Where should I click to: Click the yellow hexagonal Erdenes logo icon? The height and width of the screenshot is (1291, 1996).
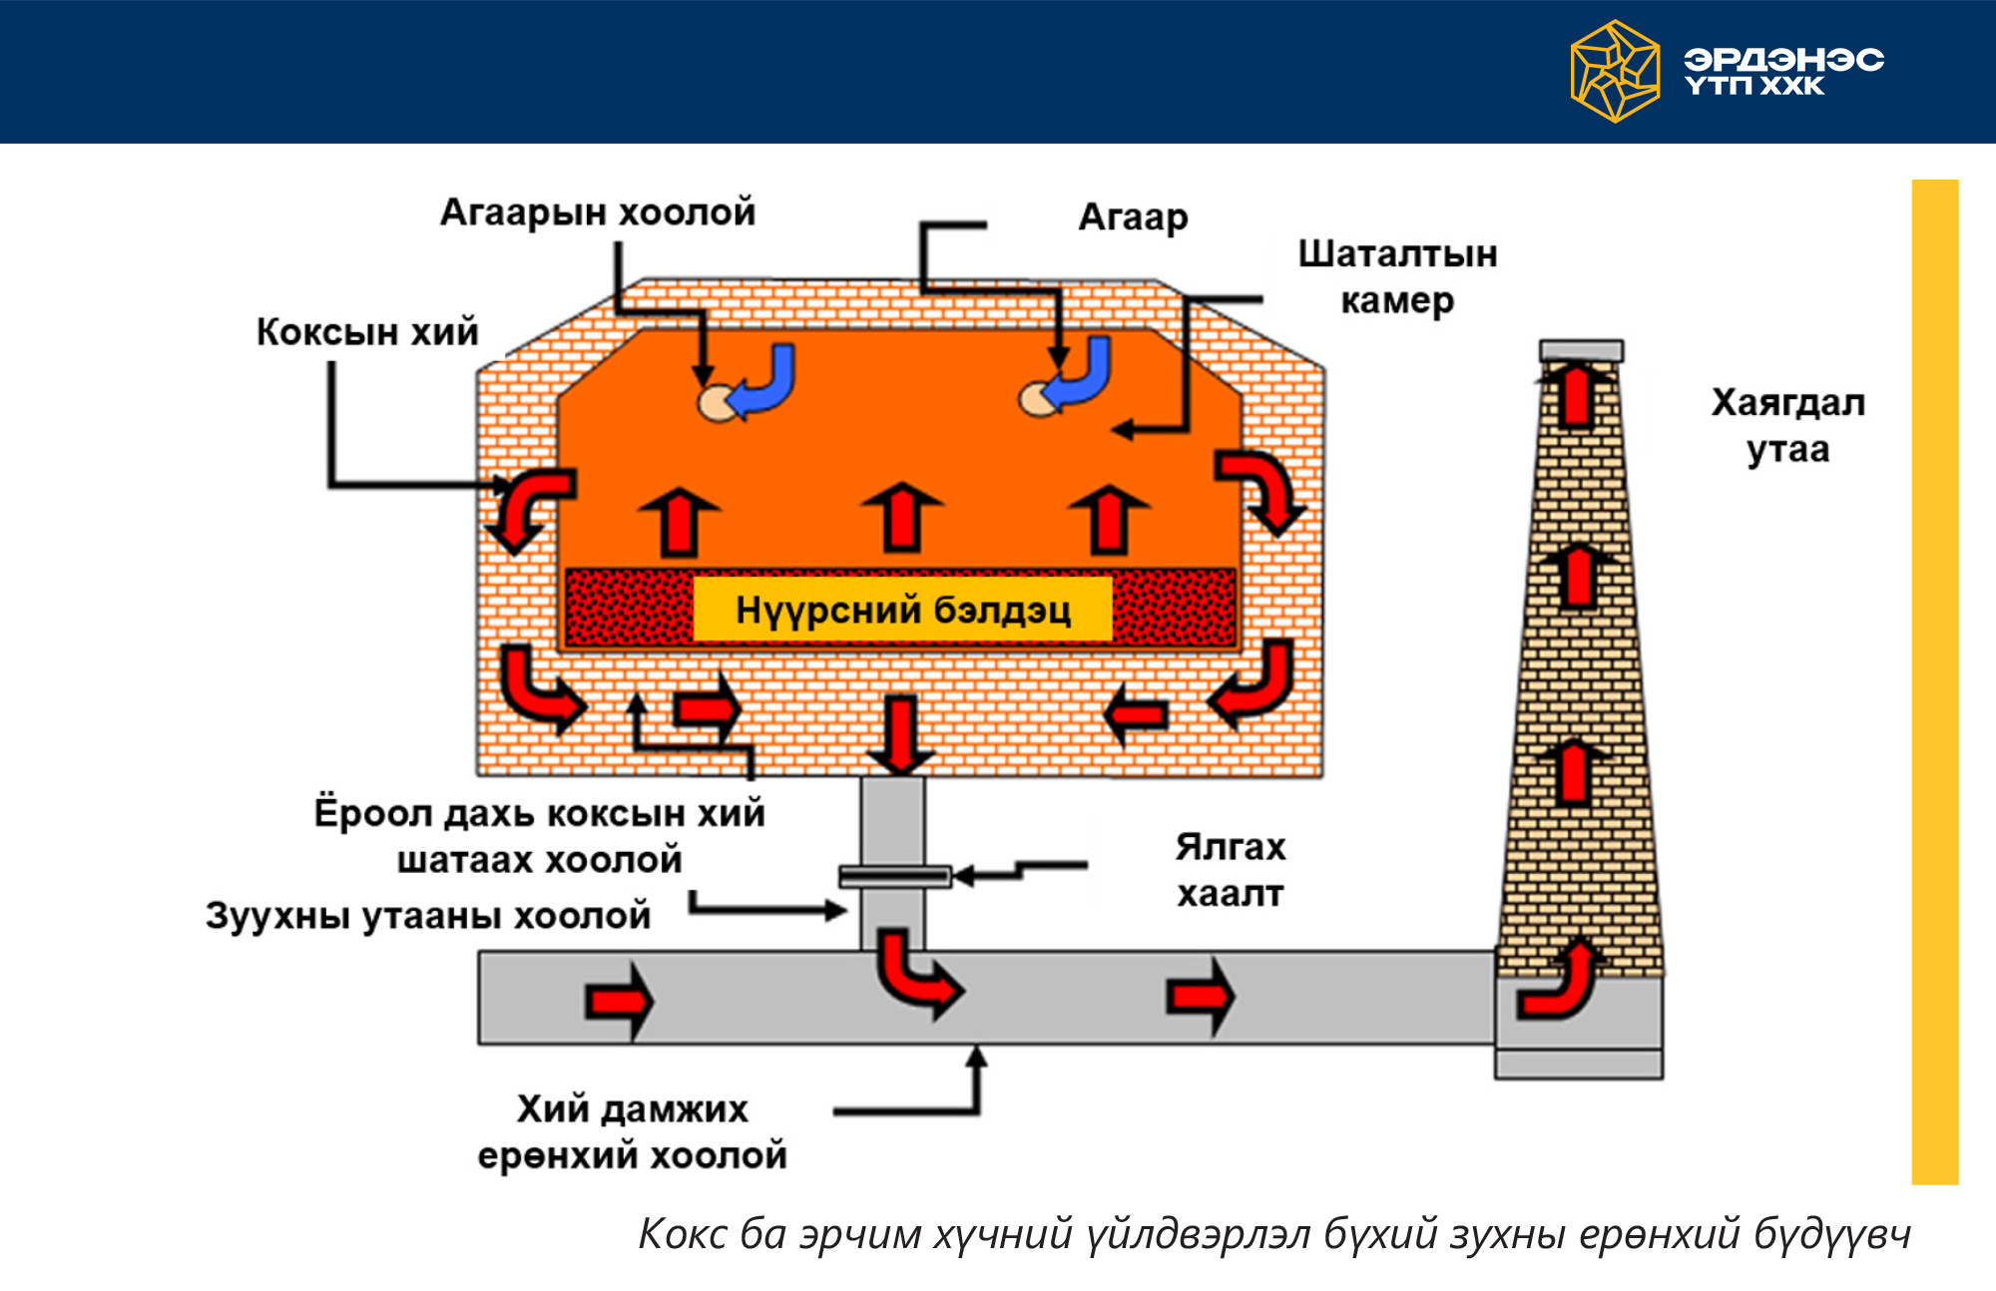click(x=1614, y=72)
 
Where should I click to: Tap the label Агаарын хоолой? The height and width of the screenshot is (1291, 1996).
click(x=598, y=213)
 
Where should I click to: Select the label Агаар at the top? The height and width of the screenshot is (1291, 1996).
click(x=1133, y=217)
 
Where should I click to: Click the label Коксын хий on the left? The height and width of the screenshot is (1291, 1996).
click(x=367, y=332)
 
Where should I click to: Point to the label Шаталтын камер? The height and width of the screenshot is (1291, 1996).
click(x=1397, y=276)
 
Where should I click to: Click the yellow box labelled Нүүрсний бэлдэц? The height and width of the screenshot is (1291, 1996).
click(x=902, y=610)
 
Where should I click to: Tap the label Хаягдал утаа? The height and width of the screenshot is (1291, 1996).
click(x=1787, y=426)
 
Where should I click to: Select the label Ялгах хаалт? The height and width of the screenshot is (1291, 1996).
click(x=1230, y=870)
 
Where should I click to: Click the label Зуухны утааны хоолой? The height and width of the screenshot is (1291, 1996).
click(x=428, y=915)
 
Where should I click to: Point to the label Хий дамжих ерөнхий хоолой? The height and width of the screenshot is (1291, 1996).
click(x=632, y=1132)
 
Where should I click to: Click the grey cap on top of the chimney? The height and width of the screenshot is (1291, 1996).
click(x=1581, y=350)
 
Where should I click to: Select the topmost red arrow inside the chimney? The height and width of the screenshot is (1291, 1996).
click(x=1577, y=394)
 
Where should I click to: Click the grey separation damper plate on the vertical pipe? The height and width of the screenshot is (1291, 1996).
click(x=894, y=876)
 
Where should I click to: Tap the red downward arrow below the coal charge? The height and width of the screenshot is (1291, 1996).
click(x=901, y=734)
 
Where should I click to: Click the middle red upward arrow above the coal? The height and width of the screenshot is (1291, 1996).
click(x=902, y=517)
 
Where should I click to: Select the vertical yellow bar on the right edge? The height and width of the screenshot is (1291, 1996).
click(x=1934, y=681)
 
